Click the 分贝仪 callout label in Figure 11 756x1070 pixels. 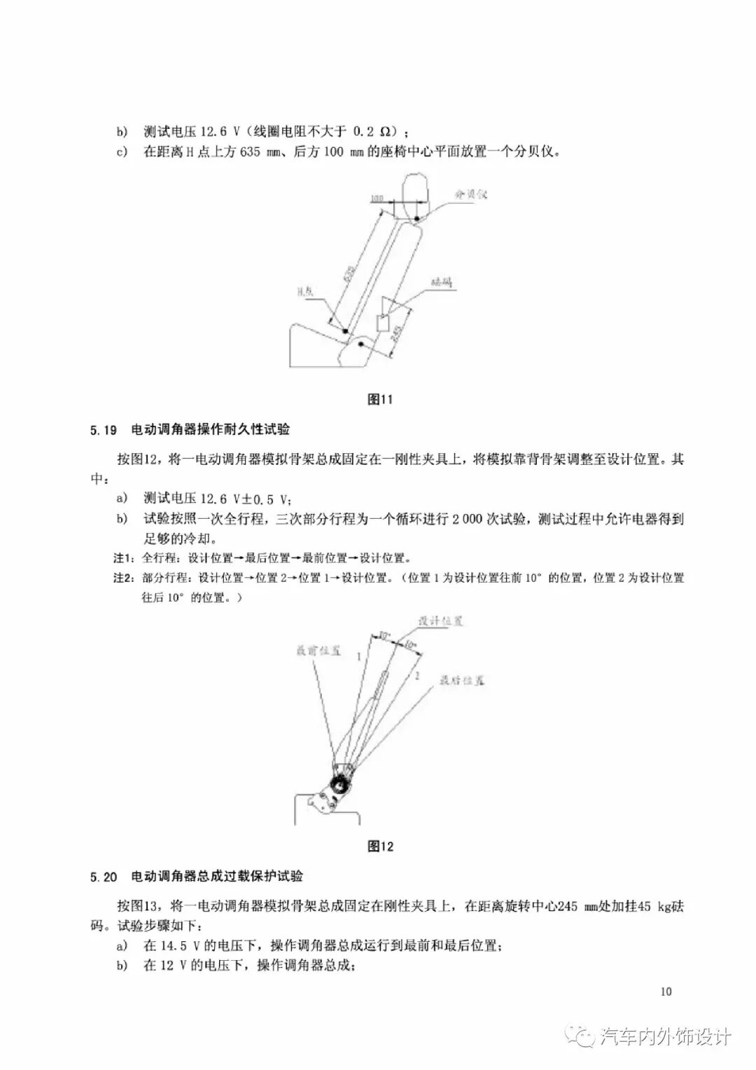point(470,195)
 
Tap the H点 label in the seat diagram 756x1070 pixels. point(304,293)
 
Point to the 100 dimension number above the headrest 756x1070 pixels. point(376,199)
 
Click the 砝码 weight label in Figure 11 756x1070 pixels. point(442,282)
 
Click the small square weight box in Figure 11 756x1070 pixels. point(384,324)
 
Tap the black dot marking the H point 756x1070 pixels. point(344,330)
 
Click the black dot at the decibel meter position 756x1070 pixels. point(418,219)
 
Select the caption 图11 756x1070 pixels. point(380,400)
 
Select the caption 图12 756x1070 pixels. point(380,846)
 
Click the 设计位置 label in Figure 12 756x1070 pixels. point(440,621)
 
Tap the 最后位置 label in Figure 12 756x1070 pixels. point(462,680)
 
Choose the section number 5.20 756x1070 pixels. point(103,877)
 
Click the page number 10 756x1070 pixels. point(666,992)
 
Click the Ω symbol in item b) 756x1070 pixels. point(386,132)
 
